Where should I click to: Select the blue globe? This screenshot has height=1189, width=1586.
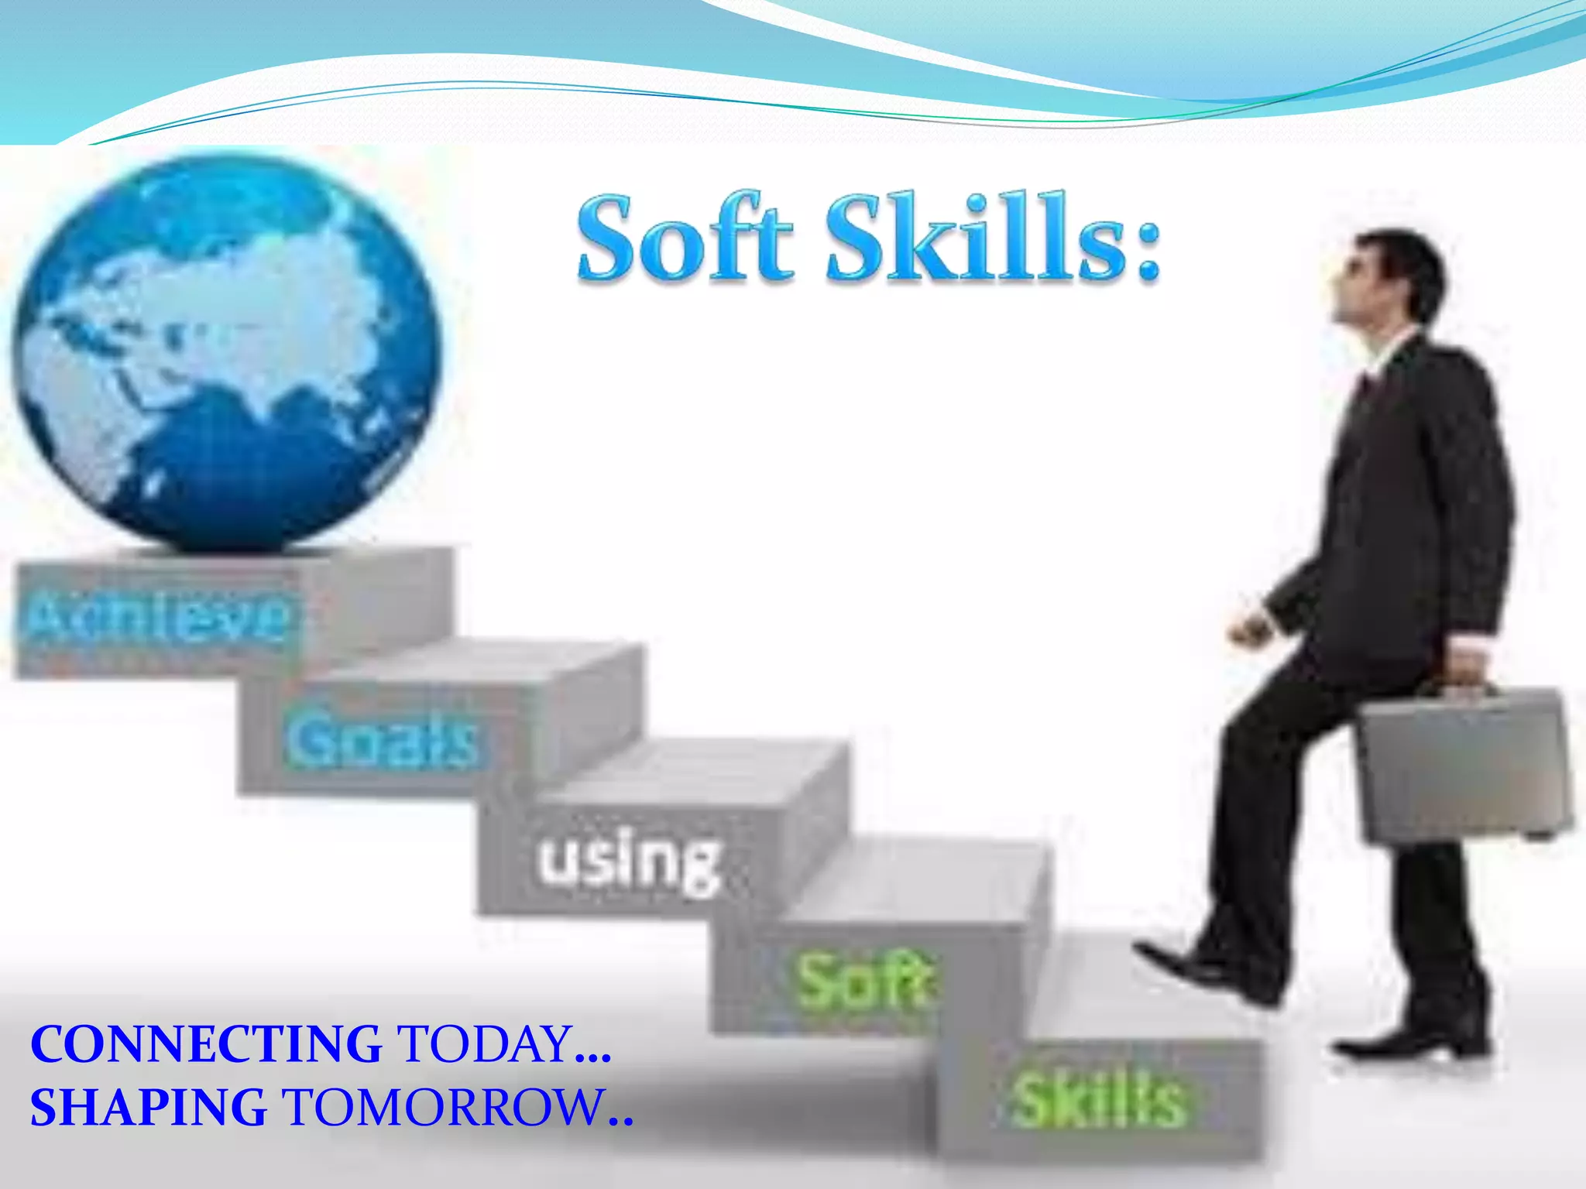point(225,352)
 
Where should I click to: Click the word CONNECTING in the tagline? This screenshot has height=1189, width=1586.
point(205,1044)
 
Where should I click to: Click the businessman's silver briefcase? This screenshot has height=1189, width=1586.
point(1464,766)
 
